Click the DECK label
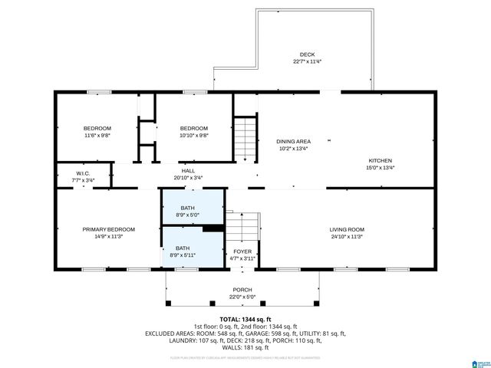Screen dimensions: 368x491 (307, 55)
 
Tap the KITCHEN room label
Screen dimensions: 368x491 (381, 160)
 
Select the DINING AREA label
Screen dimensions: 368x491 (293, 141)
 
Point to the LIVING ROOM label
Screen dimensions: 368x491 (347, 229)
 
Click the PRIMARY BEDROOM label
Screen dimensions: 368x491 (109, 229)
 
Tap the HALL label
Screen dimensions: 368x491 (188, 170)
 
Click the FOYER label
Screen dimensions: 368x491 (242, 251)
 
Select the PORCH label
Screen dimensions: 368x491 (242, 290)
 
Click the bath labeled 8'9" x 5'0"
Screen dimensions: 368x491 (188, 215)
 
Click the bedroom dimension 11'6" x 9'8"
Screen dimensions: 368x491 (97, 135)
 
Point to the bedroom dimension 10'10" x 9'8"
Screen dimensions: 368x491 (193, 135)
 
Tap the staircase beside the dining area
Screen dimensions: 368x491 (244, 138)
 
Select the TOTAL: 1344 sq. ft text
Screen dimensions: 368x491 (245, 319)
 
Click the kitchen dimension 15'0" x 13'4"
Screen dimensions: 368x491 (381, 167)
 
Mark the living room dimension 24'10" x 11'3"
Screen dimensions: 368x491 (347, 237)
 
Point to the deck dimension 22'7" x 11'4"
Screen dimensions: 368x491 (307, 62)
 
